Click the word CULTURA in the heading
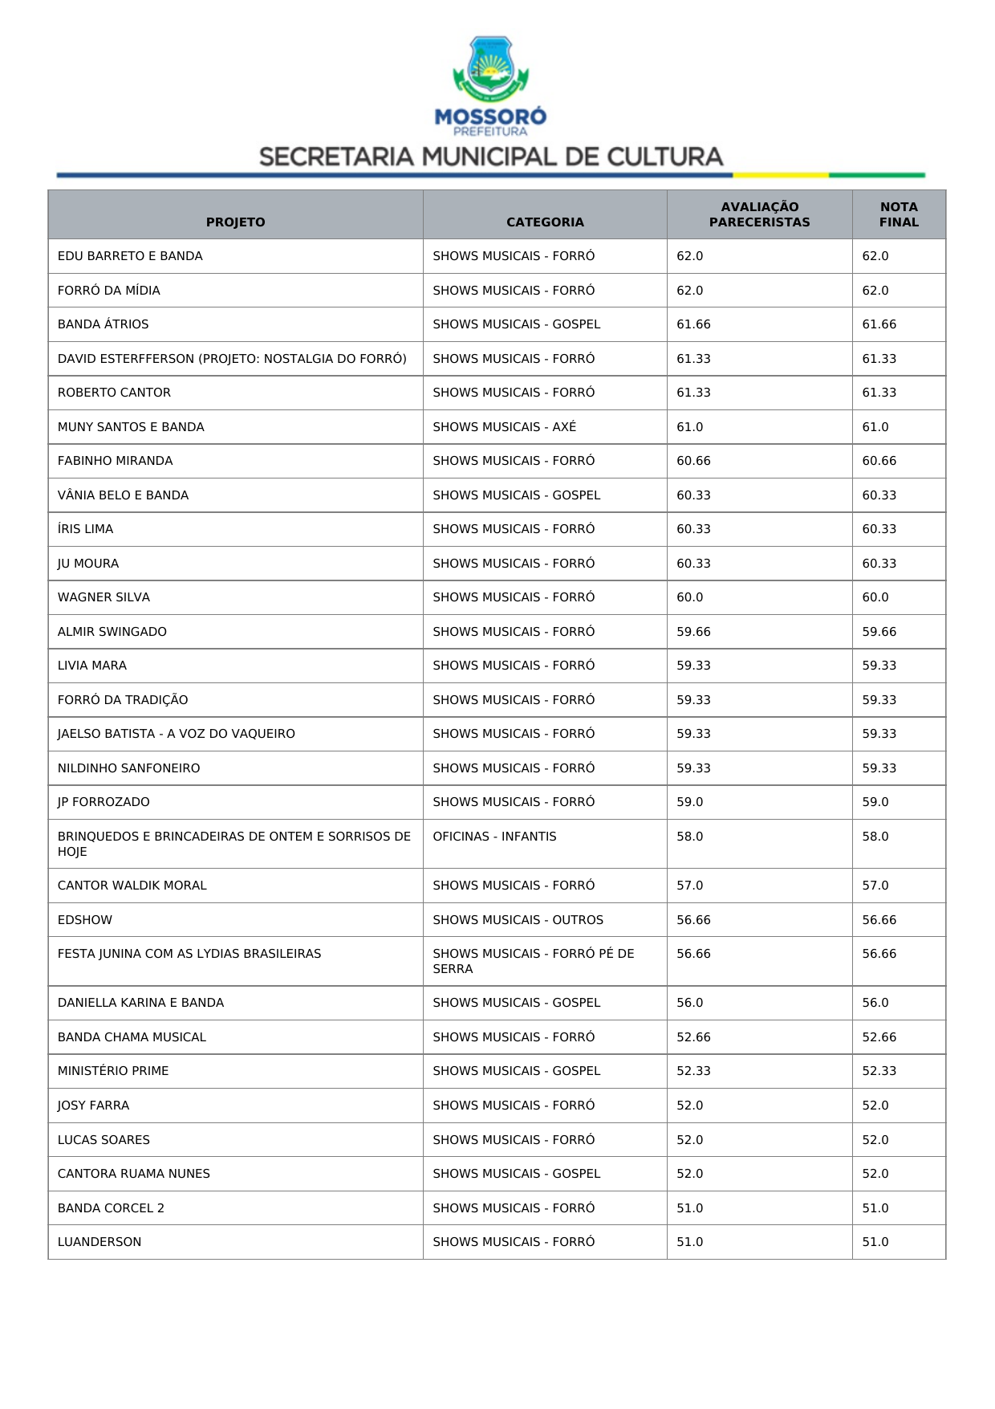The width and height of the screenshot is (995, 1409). (665, 157)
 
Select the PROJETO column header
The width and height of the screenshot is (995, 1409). (235, 222)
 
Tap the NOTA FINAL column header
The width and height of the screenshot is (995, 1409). (899, 214)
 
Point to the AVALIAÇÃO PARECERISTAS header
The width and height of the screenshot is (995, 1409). (759, 214)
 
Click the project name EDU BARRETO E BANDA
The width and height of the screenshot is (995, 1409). (130, 256)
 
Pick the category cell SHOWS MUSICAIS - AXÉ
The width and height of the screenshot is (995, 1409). (505, 427)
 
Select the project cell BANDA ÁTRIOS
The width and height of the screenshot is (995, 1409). (104, 324)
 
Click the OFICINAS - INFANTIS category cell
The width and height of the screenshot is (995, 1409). (494, 837)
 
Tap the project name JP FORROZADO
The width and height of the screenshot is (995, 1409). (104, 802)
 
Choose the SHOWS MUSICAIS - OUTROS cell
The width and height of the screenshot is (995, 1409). (518, 920)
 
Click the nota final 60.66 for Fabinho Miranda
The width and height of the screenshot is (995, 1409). (879, 461)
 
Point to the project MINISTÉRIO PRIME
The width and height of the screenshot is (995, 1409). (113, 1071)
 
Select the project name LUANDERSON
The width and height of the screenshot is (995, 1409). (99, 1242)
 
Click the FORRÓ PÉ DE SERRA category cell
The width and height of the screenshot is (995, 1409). (533, 961)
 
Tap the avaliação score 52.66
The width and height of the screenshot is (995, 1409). (693, 1037)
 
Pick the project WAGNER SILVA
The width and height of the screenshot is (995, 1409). (104, 597)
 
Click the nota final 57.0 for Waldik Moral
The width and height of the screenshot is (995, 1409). (875, 886)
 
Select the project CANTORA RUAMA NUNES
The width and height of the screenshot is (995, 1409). (134, 1174)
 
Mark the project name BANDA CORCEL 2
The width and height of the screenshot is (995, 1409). (111, 1208)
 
